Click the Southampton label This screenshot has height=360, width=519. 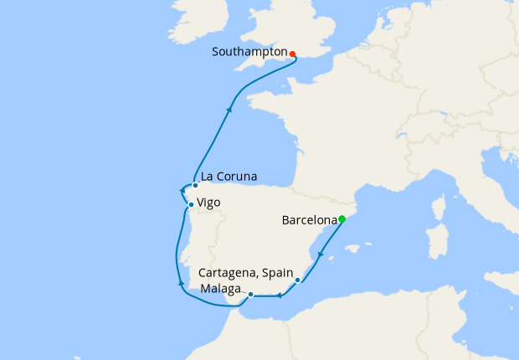(249, 52)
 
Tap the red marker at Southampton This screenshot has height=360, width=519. (292, 54)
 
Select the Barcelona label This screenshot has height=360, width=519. (309, 221)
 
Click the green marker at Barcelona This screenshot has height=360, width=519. (342, 219)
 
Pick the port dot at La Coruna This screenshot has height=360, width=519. (195, 185)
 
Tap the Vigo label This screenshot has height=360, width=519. (209, 203)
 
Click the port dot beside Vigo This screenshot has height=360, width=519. (191, 205)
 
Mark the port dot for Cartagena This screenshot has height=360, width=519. (298, 280)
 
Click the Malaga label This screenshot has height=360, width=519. (220, 290)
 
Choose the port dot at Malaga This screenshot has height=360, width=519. (250, 294)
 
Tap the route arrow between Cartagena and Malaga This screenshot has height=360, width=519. (277, 295)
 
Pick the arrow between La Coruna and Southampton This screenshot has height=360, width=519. (229, 108)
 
